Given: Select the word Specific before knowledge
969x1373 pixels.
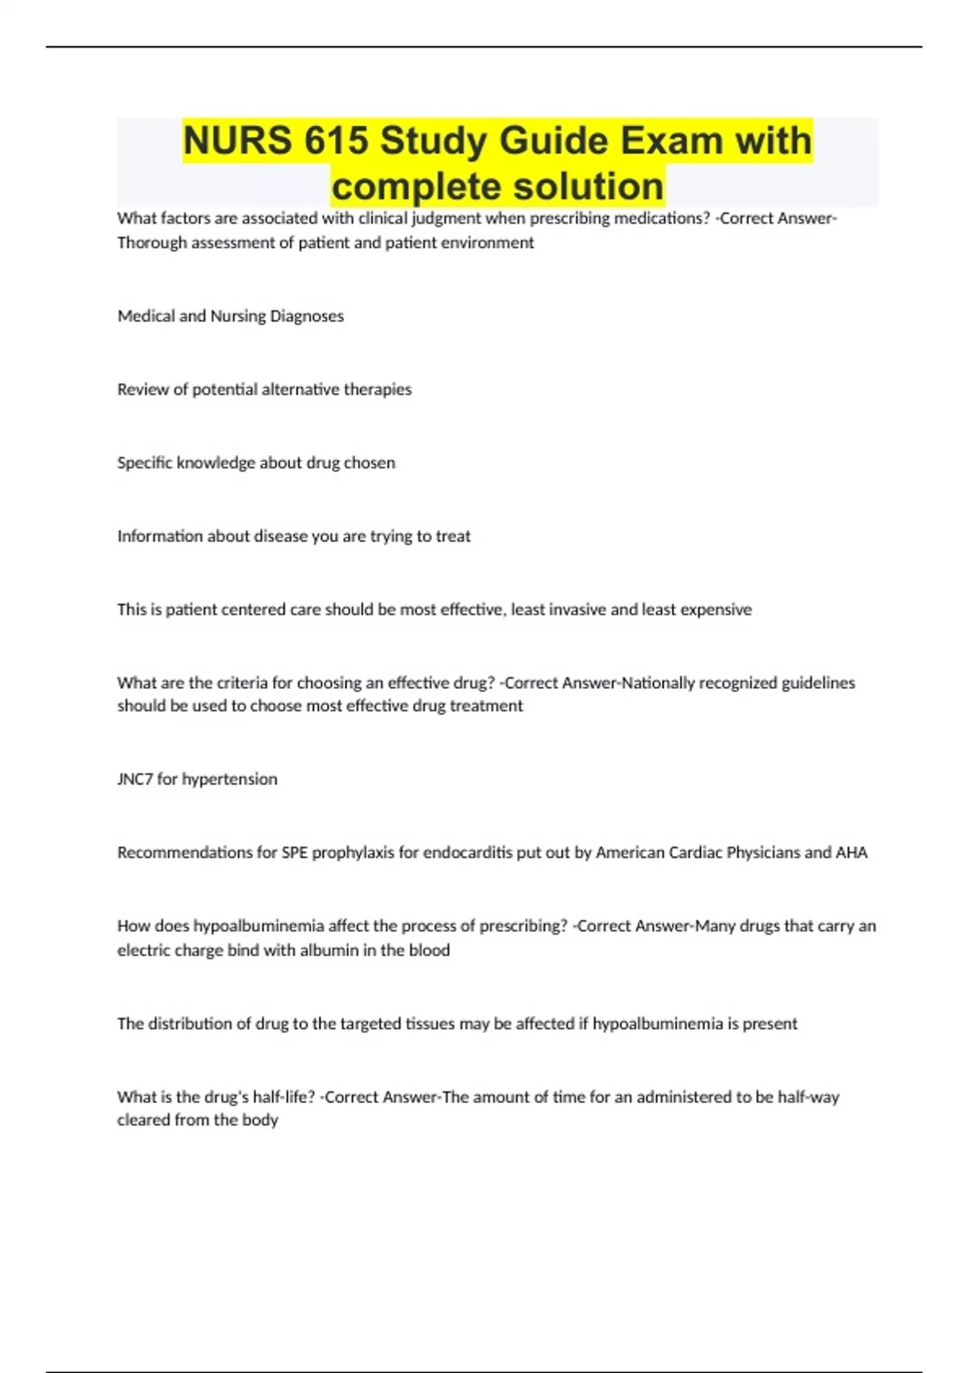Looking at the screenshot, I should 145,463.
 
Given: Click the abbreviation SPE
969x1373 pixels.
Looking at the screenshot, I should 295,853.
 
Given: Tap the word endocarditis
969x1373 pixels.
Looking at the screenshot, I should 468,853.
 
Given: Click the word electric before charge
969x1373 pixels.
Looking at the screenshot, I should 142,951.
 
